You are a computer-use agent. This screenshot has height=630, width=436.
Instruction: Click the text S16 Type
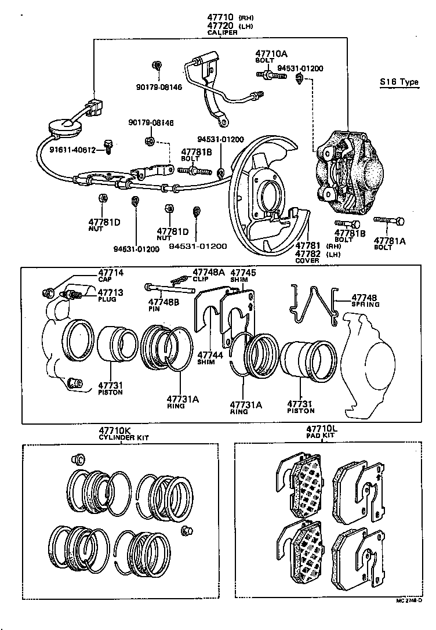point(399,82)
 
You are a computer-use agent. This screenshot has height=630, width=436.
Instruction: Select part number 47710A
point(271,53)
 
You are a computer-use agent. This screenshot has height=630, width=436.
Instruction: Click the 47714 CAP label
point(111,273)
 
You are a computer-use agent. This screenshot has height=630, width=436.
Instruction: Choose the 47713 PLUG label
point(111,292)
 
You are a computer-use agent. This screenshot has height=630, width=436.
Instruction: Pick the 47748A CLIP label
point(209,271)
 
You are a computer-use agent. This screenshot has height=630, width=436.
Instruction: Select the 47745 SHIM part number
point(243,272)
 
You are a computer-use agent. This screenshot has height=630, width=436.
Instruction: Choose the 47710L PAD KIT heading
point(323,429)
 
